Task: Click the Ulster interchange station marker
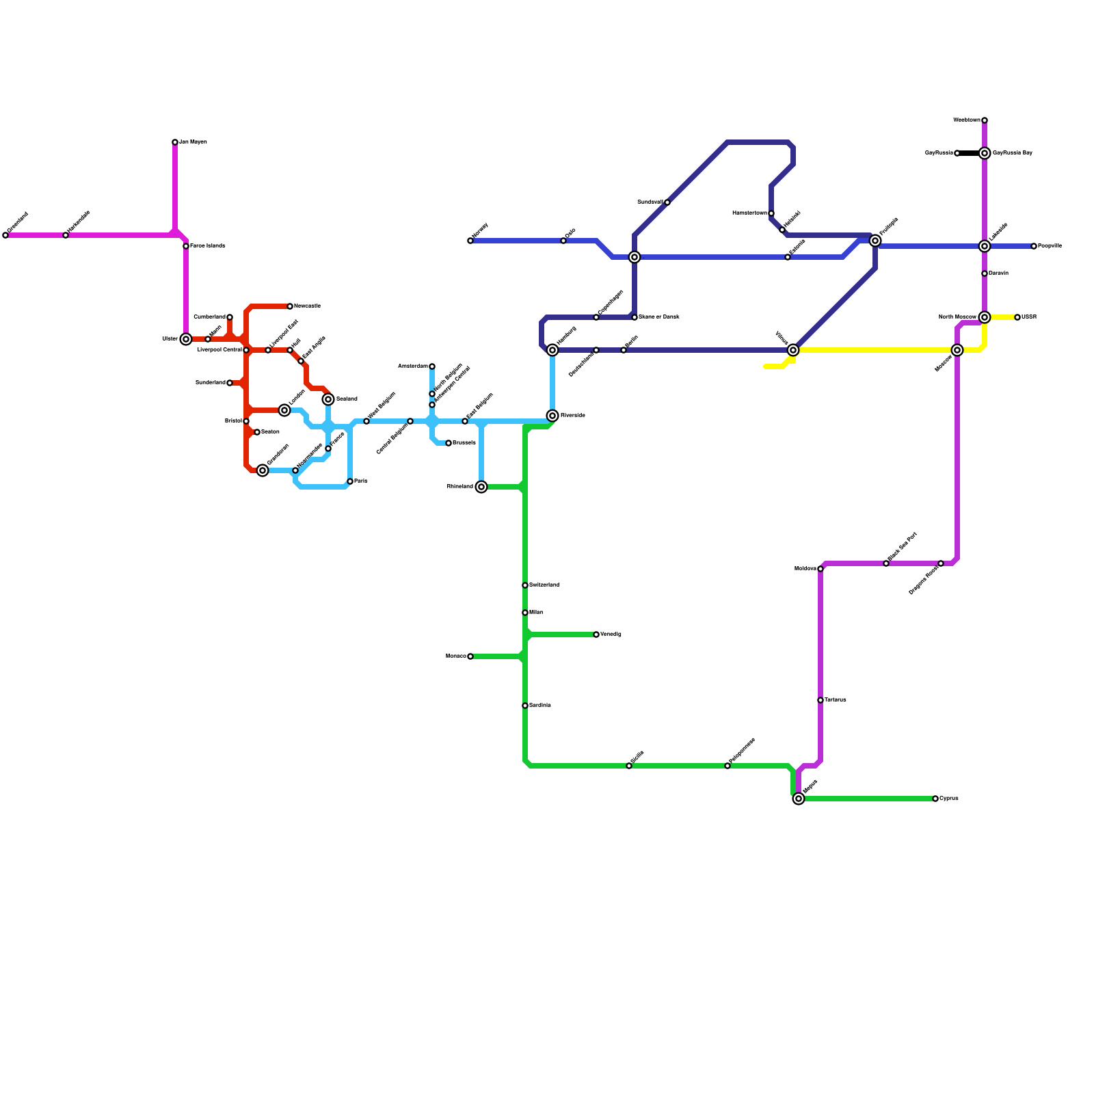186,339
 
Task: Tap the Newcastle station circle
290,306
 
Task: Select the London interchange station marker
284,410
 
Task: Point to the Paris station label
361,481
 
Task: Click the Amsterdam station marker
432,366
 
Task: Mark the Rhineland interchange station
481,487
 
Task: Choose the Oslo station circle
563,241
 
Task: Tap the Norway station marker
470,241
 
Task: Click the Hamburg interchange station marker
552,350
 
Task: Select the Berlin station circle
624,350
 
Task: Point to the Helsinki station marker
782,230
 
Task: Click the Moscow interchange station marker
957,350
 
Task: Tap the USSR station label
1029,317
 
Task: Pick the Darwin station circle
985,273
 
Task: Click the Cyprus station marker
935,799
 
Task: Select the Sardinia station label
540,705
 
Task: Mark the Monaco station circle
470,656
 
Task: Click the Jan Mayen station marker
175,142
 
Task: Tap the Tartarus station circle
820,700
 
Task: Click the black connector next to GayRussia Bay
970,153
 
